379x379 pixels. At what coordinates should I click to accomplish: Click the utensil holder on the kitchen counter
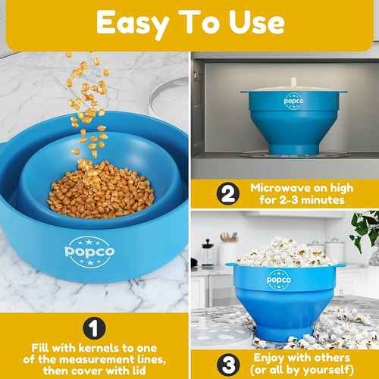point(227,250)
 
